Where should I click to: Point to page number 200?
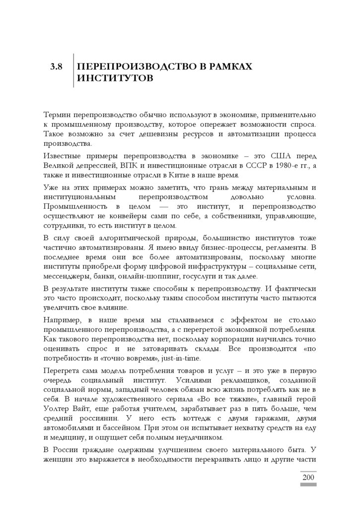[x=308, y=477]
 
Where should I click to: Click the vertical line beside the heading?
[x=73, y=70]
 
